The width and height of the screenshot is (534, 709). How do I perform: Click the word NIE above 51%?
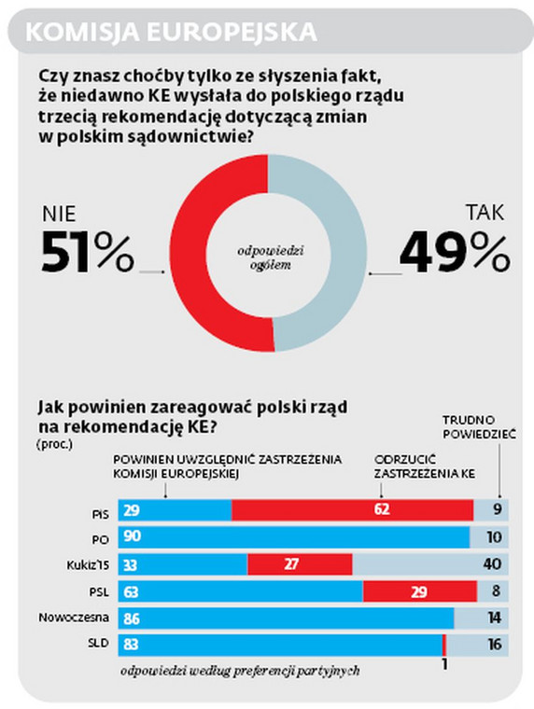point(62,214)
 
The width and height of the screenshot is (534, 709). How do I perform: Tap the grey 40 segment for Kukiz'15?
point(429,564)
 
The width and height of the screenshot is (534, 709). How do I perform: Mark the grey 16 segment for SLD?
point(477,645)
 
